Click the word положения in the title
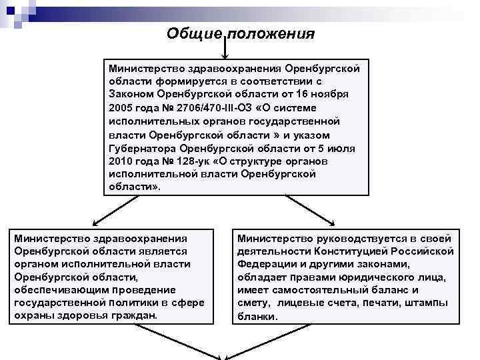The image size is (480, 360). click(x=272, y=33)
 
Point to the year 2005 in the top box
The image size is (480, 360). click(x=121, y=107)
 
